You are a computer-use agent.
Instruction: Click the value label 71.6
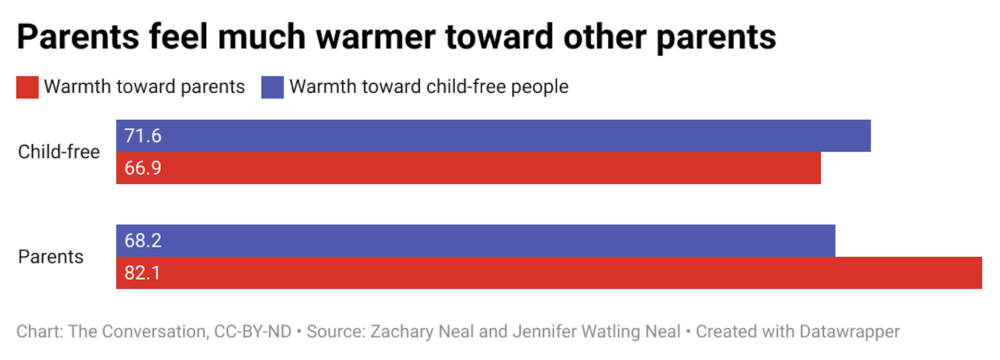click(143, 136)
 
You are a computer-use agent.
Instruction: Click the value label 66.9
click(143, 168)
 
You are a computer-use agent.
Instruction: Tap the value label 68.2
click(143, 241)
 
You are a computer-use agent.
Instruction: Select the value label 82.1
click(142, 273)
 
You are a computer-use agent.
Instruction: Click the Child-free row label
click(59, 152)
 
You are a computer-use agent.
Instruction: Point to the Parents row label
click(51, 257)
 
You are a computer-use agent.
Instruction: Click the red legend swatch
click(27, 87)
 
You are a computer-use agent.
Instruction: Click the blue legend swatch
click(272, 87)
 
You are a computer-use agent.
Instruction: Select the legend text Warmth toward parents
click(144, 86)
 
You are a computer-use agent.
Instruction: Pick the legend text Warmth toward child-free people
click(429, 86)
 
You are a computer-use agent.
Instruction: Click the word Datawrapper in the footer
click(849, 331)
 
